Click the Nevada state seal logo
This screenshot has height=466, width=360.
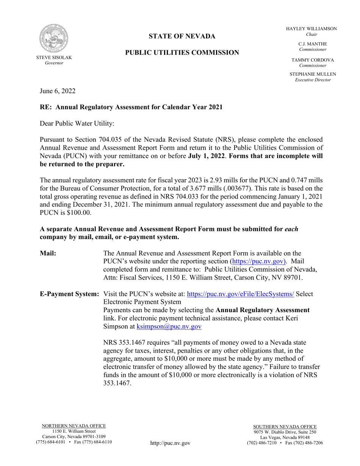tap(54, 39)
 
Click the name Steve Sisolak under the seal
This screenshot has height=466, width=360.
tap(54, 58)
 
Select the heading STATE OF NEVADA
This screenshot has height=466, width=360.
tap(182, 36)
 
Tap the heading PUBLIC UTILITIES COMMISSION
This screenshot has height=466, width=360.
tap(182, 53)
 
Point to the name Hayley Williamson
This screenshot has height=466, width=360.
tap(311, 29)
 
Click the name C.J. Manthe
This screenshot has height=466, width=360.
tap(312, 44)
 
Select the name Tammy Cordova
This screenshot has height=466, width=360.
tap(312, 60)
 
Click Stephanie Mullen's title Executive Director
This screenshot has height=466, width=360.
tap(313, 80)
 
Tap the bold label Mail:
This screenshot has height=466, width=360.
tap(48, 253)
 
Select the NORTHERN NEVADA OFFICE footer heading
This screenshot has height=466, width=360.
tap(74, 426)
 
